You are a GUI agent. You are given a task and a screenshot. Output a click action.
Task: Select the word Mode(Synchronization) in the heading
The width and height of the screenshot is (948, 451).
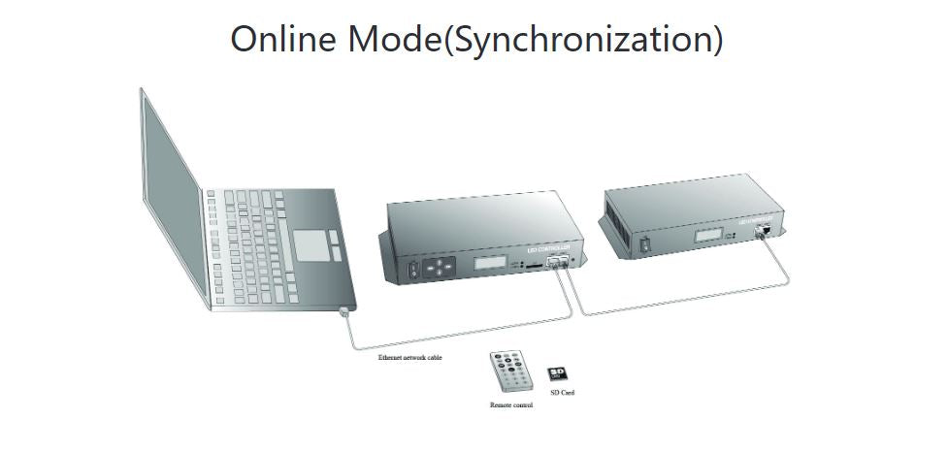(541, 40)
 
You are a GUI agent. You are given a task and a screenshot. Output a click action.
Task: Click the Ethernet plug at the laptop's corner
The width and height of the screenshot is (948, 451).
(345, 311)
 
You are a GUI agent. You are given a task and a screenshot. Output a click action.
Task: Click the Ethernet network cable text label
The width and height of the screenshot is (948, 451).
(409, 358)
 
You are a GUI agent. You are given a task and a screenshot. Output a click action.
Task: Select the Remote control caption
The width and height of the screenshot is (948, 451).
(511, 404)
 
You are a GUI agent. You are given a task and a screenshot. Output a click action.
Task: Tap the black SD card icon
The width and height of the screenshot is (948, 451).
(557, 373)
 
